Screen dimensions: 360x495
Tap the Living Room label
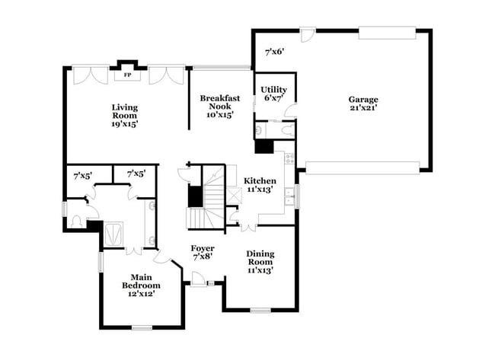click(125, 114)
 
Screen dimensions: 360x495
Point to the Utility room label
click(273, 94)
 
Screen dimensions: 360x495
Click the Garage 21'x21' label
click(363, 104)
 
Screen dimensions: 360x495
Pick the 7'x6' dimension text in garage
click(274, 52)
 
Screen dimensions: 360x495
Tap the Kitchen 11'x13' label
click(260, 186)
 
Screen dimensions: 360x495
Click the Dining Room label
click(260, 260)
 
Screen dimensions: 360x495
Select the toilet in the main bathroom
click(75, 221)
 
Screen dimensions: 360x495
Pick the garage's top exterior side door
click(307, 34)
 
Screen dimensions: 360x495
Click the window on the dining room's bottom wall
click(260, 310)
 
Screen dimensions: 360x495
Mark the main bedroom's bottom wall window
click(142, 327)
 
